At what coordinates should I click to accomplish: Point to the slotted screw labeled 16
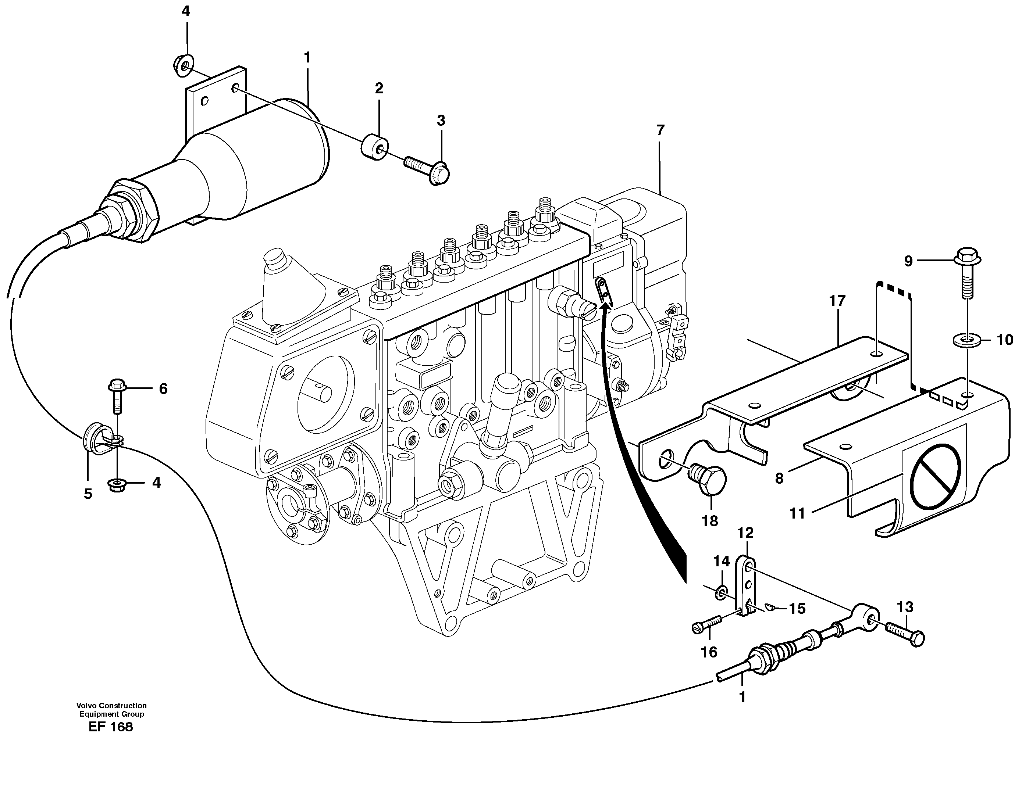tap(706, 626)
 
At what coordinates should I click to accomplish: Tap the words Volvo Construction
tap(112, 705)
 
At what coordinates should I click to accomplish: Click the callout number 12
tap(745, 533)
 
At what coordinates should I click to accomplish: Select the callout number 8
tap(779, 479)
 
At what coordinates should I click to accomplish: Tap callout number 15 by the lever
tap(797, 608)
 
